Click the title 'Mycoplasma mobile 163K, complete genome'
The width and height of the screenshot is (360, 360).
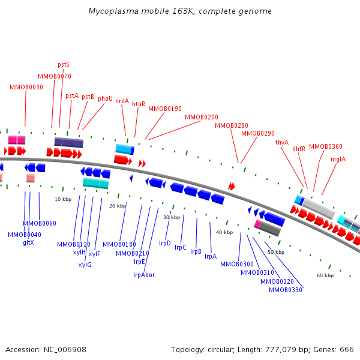pos(179,11)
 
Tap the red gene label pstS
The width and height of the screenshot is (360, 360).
pos(64,64)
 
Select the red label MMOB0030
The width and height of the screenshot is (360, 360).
pos(26,87)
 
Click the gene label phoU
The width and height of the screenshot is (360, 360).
pos(105,98)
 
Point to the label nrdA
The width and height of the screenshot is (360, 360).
pos(122,101)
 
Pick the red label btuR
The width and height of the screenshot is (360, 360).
pos(139,104)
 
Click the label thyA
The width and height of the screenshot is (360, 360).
pos(282,142)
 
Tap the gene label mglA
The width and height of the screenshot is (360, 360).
pos(338,159)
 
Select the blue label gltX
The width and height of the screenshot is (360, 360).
pos(28,242)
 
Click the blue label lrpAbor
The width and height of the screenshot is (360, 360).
pos(144,274)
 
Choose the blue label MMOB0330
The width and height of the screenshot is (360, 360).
pos(286,290)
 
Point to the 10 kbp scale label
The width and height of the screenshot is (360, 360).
pos(63,199)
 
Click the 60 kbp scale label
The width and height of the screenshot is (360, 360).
pos(325,275)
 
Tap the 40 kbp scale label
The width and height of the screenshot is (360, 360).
pos(224,232)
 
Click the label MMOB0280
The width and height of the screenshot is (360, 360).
pos(232,125)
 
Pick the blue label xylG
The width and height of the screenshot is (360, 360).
pos(85,265)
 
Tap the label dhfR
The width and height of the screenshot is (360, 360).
pos(299,148)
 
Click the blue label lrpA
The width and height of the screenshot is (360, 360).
pos(211,256)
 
